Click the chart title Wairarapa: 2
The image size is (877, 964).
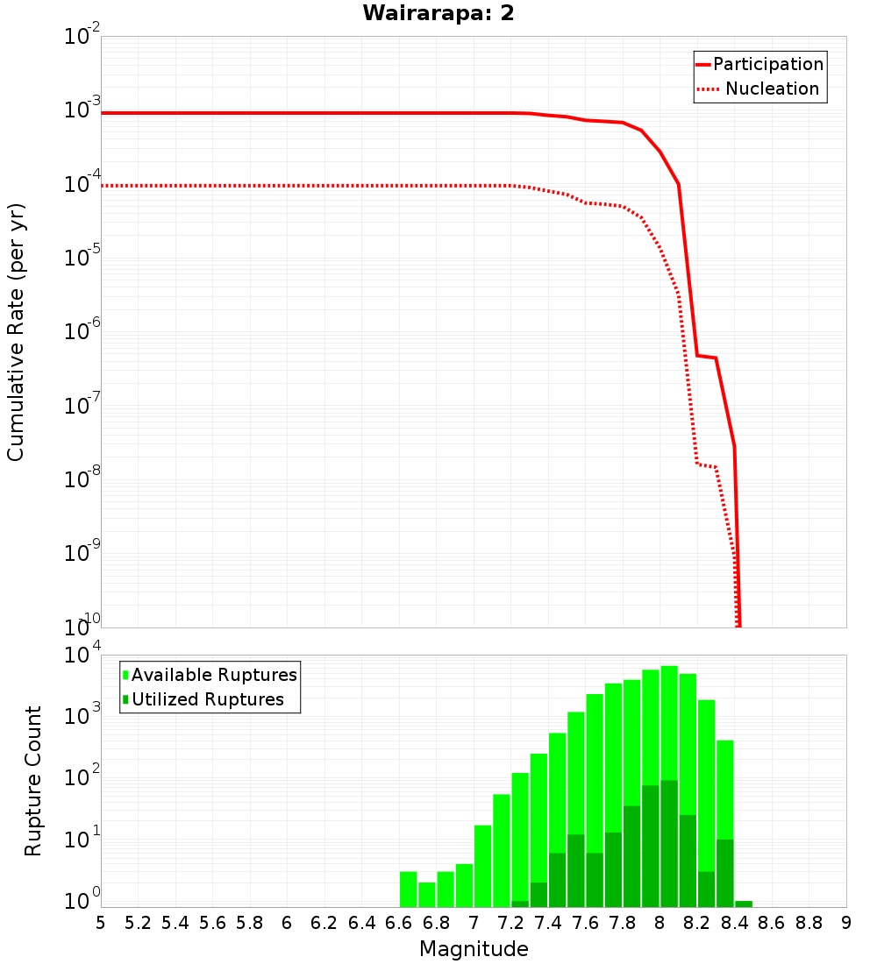(x=438, y=14)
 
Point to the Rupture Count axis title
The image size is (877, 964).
(x=33, y=781)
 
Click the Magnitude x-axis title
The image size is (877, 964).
(x=474, y=949)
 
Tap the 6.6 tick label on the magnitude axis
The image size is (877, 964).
(x=398, y=923)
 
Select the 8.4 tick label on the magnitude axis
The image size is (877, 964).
(x=735, y=923)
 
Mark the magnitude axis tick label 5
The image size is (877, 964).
(x=101, y=923)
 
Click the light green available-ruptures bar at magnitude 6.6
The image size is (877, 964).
(x=408, y=889)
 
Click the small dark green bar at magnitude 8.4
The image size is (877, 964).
(x=744, y=904)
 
